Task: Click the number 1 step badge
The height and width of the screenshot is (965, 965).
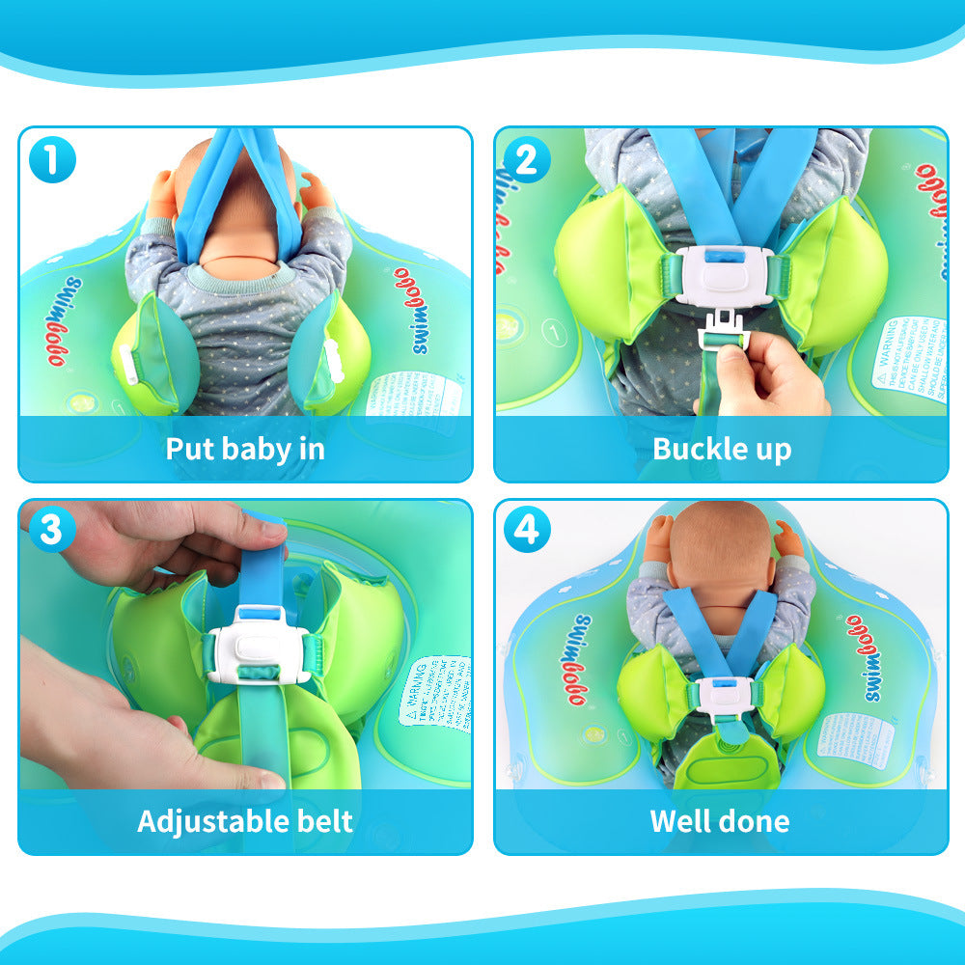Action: coord(52,159)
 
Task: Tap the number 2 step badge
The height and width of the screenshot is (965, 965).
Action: coord(526,159)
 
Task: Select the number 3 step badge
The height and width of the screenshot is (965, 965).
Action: coord(52,530)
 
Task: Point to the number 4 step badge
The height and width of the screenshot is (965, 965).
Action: coord(526,530)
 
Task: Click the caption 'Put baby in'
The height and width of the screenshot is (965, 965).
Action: coord(245,449)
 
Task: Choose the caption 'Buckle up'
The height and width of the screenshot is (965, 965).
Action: coord(722,449)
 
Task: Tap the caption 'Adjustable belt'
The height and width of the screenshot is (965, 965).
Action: coord(245,821)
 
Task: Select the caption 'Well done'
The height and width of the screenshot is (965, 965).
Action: coord(720,821)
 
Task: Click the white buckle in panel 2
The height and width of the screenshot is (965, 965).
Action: coord(723,276)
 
